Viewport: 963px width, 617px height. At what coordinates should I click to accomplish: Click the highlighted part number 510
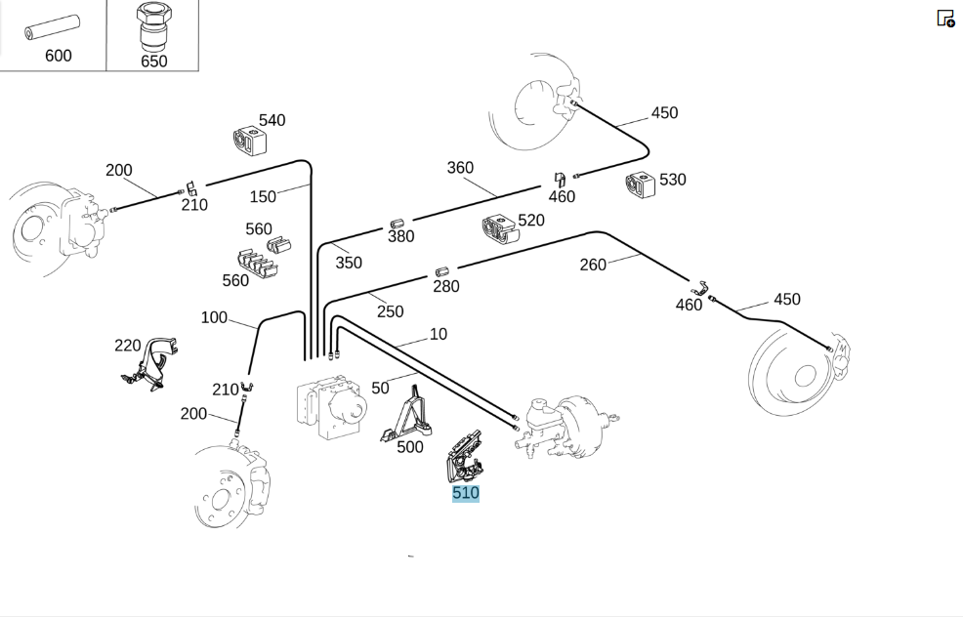click(x=466, y=493)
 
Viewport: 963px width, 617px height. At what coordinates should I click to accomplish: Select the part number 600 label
click(x=59, y=56)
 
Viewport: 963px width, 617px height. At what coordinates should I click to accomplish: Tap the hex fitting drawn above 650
click(x=153, y=27)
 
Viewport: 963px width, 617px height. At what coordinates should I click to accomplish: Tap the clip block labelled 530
click(x=640, y=185)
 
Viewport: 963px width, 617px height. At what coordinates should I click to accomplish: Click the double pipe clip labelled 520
click(x=500, y=228)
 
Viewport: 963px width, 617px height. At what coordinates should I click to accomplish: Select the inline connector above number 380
click(x=397, y=225)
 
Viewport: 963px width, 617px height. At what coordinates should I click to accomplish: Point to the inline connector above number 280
click(x=441, y=272)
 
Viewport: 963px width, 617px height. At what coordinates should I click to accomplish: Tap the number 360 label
click(x=460, y=168)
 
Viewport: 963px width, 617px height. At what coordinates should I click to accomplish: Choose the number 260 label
click(x=593, y=265)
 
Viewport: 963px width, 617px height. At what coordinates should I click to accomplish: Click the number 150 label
click(x=263, y=196)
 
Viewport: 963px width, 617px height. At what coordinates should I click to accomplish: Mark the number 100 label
click(x=214, y=317)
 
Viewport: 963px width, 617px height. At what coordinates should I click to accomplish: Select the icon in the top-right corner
click(x=945, y=19)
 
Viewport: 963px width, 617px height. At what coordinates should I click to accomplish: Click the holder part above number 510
click(x=464, y=457)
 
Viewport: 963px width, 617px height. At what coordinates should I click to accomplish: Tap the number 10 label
click(x=438, y=334)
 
